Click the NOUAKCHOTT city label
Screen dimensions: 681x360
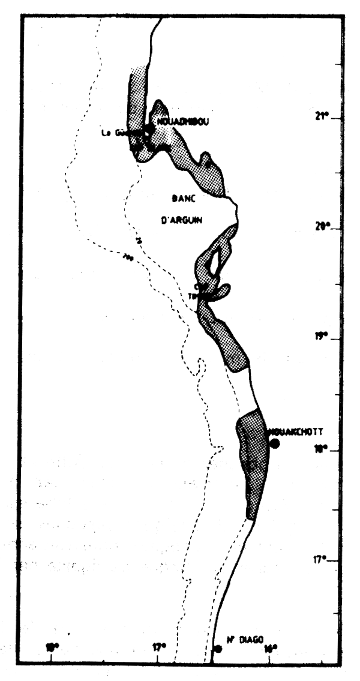point(296,431)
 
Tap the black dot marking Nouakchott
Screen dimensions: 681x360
point(275,443)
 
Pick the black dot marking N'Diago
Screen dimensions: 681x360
point(218,649)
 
